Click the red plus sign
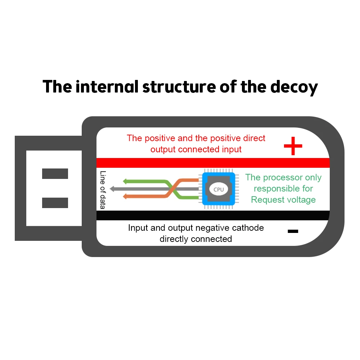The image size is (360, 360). point(293,146)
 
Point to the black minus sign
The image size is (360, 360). point(293,231)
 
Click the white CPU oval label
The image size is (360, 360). point(219,189)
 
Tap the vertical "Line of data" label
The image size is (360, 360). point(103,190)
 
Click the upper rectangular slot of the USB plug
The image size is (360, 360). point(55,174)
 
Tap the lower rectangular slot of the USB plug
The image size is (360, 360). point(55,203)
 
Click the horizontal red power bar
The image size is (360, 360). point(212,163)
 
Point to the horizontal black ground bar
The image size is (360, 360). point(212,215)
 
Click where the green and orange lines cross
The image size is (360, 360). point(173,189)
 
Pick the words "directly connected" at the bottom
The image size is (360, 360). point(195,239)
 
